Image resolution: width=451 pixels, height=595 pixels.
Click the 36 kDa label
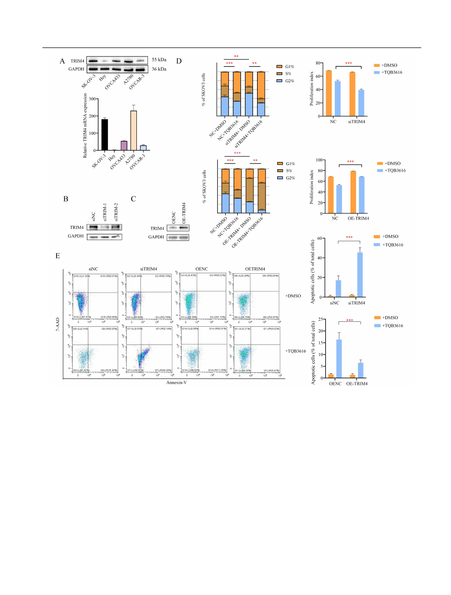coord(160,69)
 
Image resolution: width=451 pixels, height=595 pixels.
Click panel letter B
coord(66,199)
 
